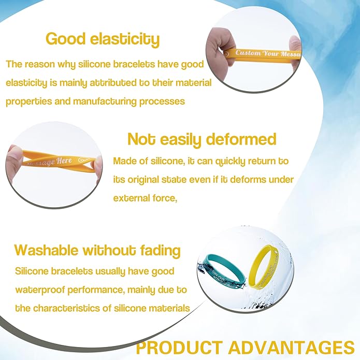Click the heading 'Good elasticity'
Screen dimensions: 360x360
tap(103, 39)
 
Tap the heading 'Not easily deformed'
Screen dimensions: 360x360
tap(201, 139)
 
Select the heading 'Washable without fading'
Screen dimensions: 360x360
tap(97, 251)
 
